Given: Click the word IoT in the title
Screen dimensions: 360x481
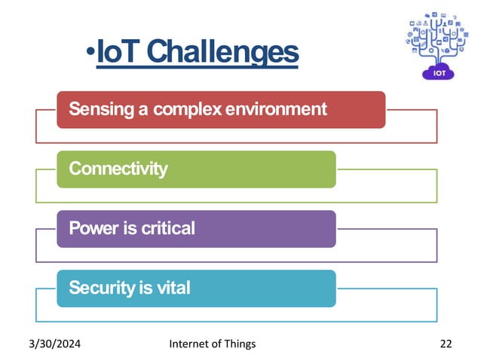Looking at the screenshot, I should pyautogui.click(x=119, y=52).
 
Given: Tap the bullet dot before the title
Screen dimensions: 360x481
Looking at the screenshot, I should pyautogui.click(x=90, y=53).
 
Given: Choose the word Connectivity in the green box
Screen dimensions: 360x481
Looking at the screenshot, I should pyautogui.click(x=118, y=169).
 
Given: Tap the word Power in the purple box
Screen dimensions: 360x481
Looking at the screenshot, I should pyautogui.click(x=91, y=227).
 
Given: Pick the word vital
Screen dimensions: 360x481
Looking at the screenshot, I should pyautogui.click(x=173, y=287).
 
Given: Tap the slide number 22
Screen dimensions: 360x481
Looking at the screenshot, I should pyautogui.click(x=446, y=344).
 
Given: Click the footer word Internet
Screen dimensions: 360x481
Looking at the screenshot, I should pyautogui.click(x=192, y=344).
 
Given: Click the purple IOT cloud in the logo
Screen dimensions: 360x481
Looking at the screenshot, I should pyautogui.click(x=438, y=72).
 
